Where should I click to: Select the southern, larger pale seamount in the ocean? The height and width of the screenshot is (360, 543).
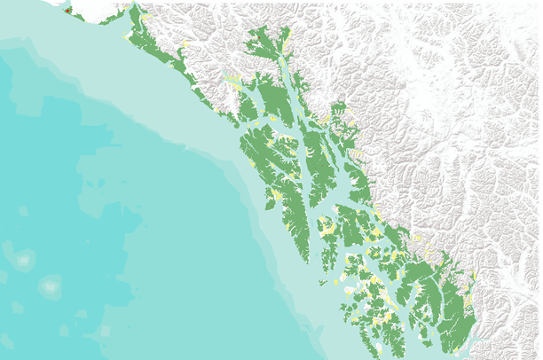(x=51, y=286)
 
